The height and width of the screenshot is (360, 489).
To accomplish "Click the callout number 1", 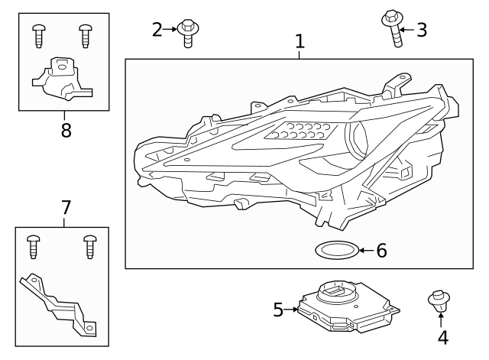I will (300, 41).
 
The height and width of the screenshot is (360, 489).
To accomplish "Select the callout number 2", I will (157, 30).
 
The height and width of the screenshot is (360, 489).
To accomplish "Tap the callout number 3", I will (421, 30).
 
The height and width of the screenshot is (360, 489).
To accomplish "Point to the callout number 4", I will (442, 336).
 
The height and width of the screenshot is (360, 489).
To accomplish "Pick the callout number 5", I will (278, 310).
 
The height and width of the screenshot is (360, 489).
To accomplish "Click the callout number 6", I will (381, 250).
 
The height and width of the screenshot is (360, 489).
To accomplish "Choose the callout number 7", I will (66, 207).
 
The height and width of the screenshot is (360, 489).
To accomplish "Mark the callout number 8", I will (66, 129).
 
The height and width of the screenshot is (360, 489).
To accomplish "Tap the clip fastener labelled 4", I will (439, 301).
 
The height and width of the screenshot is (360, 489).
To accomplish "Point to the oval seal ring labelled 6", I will (335, 249).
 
